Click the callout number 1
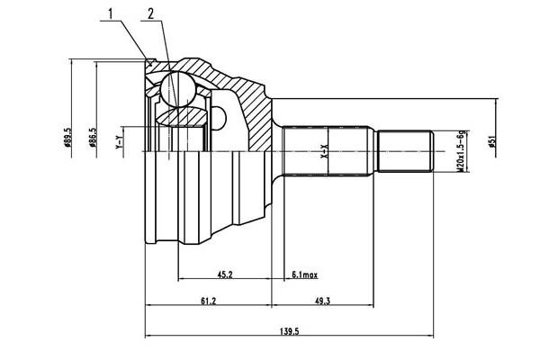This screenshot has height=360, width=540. [111, 13]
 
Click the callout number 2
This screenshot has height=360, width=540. [150, 13]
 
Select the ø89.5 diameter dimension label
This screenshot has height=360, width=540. [67, 138]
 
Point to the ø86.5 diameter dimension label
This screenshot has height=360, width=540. [92, 138]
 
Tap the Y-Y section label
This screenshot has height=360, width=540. [119, 142]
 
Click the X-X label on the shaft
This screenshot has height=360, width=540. [324, 152]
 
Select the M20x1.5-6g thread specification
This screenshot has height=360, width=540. [461, 152]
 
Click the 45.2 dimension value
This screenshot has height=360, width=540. [225, 274]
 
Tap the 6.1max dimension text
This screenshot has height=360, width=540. [305, 274]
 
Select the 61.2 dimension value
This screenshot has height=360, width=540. [208, 301]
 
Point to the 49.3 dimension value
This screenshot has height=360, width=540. [322, 301]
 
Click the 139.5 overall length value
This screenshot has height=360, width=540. [289, 331]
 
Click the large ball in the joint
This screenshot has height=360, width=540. [178, 89]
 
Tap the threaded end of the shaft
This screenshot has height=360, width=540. [405, 151]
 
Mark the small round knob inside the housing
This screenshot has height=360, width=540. [219, 118]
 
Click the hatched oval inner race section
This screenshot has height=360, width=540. [181, 116]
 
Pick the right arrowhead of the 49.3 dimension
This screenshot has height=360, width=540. [371, 305]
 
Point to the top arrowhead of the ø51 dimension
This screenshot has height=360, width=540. [497, 102]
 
